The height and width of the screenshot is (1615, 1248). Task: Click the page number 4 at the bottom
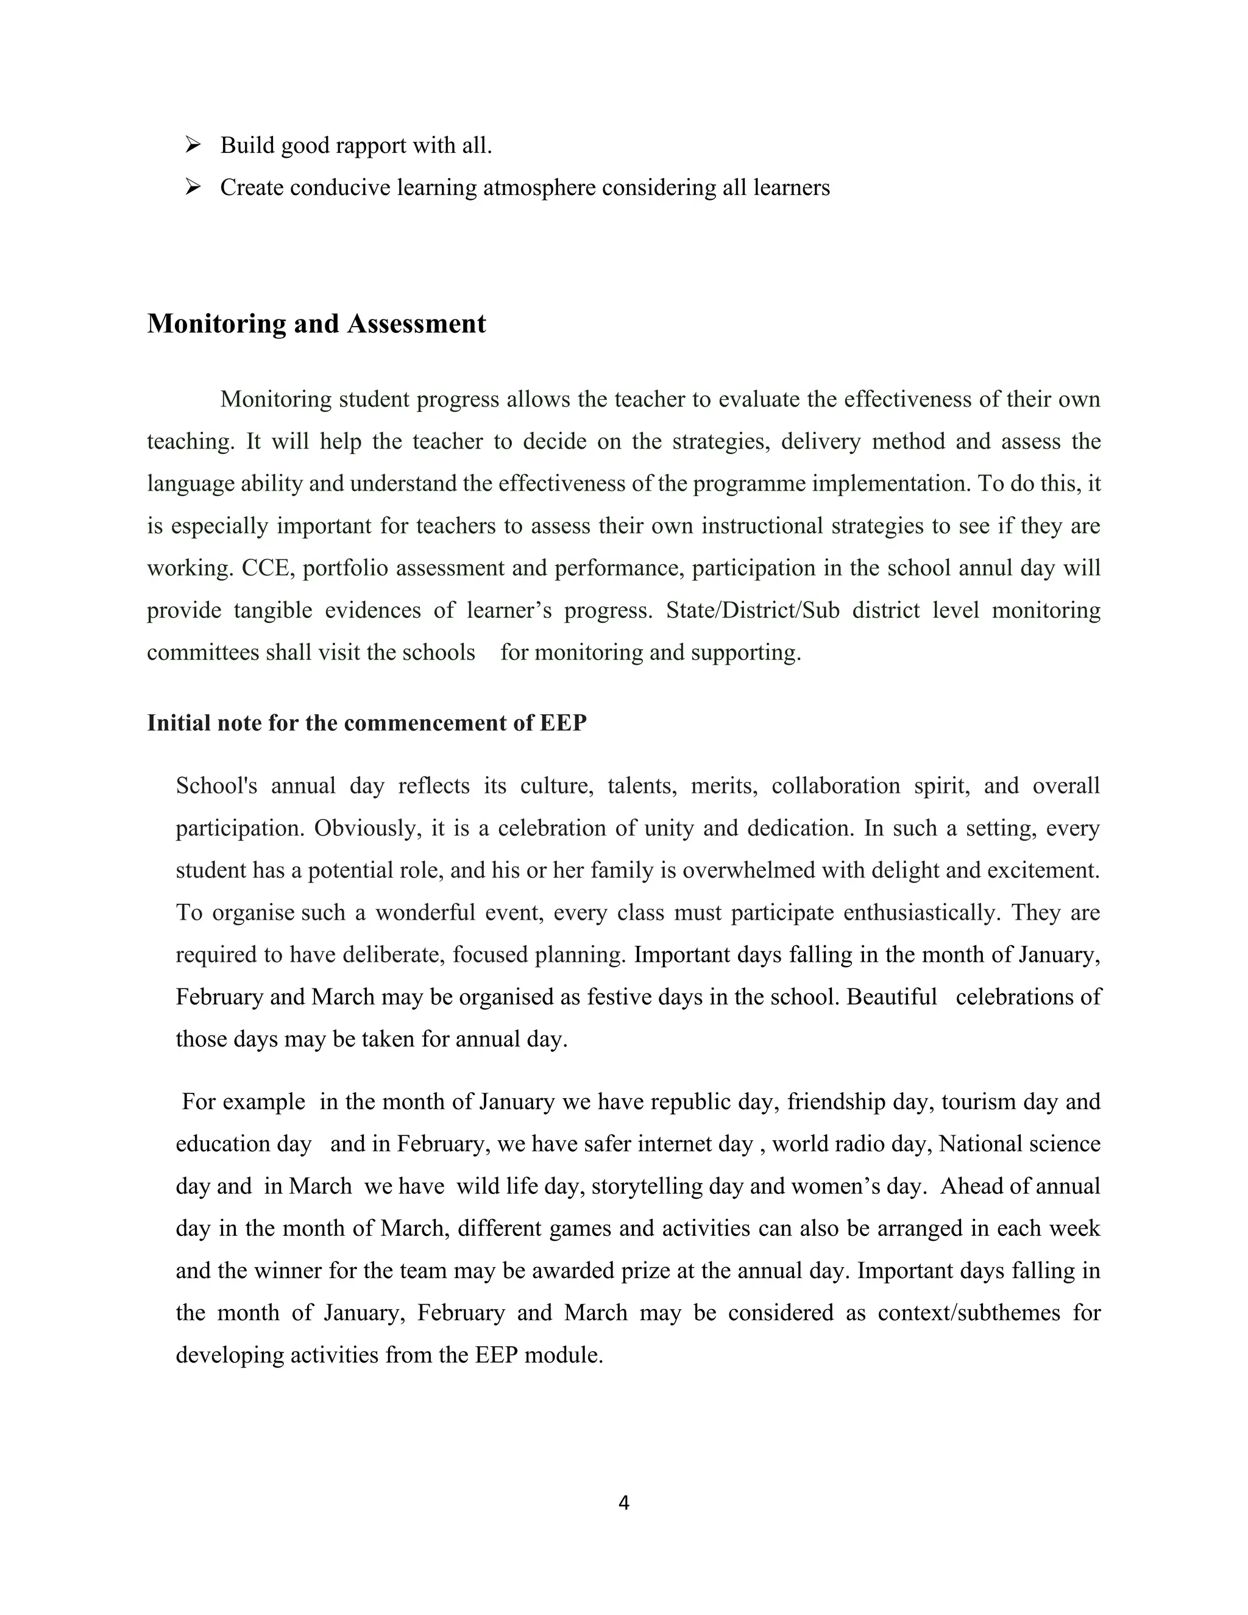click(x=623, y=1503)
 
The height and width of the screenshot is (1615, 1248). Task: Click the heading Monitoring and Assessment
click(x=316, y=324)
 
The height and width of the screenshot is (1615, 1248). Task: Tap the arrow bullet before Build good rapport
click(x=193, y=145)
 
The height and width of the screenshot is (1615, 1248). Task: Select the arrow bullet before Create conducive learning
click(x=193, y=187)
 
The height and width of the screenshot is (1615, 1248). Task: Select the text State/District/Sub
click(x=752, y=610)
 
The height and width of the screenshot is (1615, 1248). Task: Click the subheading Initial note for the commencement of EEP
click(x=366, y=722)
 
